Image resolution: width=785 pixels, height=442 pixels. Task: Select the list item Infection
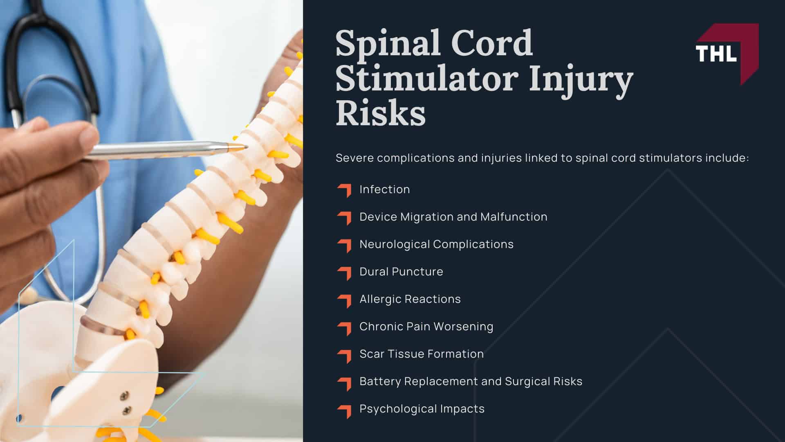pyautogui.click(x=384, y=189)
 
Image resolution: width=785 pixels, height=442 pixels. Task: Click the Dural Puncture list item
pyautogui.click(x=401, y=272)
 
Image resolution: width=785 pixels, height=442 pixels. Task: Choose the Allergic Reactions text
pyautogui.click(x=410, y=299)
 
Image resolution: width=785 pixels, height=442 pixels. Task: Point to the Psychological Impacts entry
pyautogui.click(x=422, y=409)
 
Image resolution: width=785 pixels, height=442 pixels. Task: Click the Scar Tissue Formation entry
pyautogui.click(x=421, y=354)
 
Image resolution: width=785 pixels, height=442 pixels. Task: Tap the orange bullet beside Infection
pyautogui.click(x=345, y=190)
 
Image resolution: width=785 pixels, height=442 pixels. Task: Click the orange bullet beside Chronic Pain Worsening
pyautogui.click(x=345, y=327)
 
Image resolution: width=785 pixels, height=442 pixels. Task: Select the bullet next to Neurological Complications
pyautogui.click(x=345, y=245)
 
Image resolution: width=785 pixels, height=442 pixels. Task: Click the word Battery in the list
pyautogui.click(x=380, y=381)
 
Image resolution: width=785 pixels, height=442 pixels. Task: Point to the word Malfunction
pyautogui.click(x=514, y=217)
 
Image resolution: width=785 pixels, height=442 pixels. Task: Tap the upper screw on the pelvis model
pyautogui.click(x=123, y=396)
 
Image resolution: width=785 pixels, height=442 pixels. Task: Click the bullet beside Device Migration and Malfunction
pyautogui.click(x=345, y=218)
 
